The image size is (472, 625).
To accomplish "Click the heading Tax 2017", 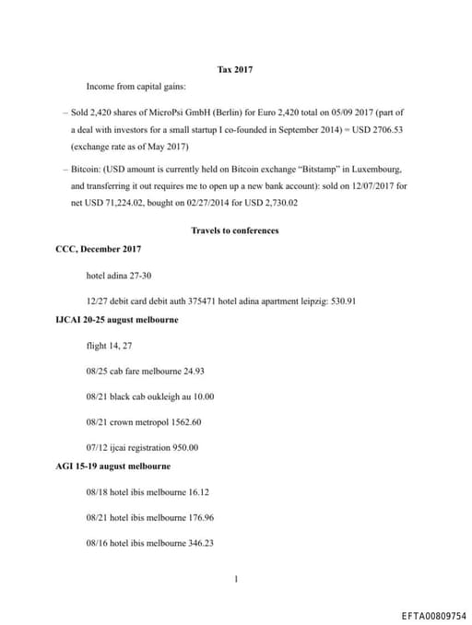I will [x=234, y=70].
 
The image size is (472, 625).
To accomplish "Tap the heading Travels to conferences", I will [x=234, y=230].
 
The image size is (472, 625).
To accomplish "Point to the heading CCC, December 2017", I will [x=99, y=249].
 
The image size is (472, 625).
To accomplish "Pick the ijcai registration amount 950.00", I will [x=181, y=448].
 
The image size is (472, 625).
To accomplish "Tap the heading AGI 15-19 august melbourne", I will [x=113, y=466].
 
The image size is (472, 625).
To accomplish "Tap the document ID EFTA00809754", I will [x=433, y=614].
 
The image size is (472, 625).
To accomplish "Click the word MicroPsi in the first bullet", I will [x=161, y=113].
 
